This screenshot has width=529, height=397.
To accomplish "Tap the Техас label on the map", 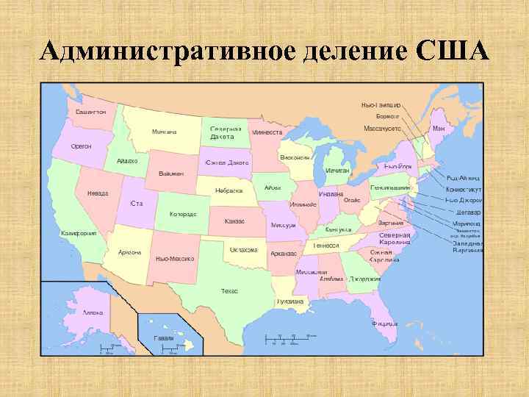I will coord(230,291).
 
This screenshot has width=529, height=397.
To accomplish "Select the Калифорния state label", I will coord(79,232).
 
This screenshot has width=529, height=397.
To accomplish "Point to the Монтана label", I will coord(165,132).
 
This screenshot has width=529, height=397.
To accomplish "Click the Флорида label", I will coord(385,323).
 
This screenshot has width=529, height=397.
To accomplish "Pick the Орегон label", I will coord(82,146).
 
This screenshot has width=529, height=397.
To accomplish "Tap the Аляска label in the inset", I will coord(93,312).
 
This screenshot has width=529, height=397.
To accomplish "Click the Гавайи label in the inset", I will coord(164,337).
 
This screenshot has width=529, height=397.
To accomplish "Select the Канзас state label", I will coord(235,221).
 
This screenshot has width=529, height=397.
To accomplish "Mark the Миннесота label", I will coord(267,133).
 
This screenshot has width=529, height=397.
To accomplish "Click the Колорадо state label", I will coord(183,214).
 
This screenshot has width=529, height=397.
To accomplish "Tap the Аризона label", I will coord(130,252).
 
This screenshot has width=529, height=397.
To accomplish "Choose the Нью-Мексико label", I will coord(176,260).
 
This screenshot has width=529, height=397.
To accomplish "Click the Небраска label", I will coord(229,190).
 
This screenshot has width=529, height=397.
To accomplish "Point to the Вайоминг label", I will coord(171,174).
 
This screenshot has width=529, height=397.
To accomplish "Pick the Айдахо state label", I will coord(127,161).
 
